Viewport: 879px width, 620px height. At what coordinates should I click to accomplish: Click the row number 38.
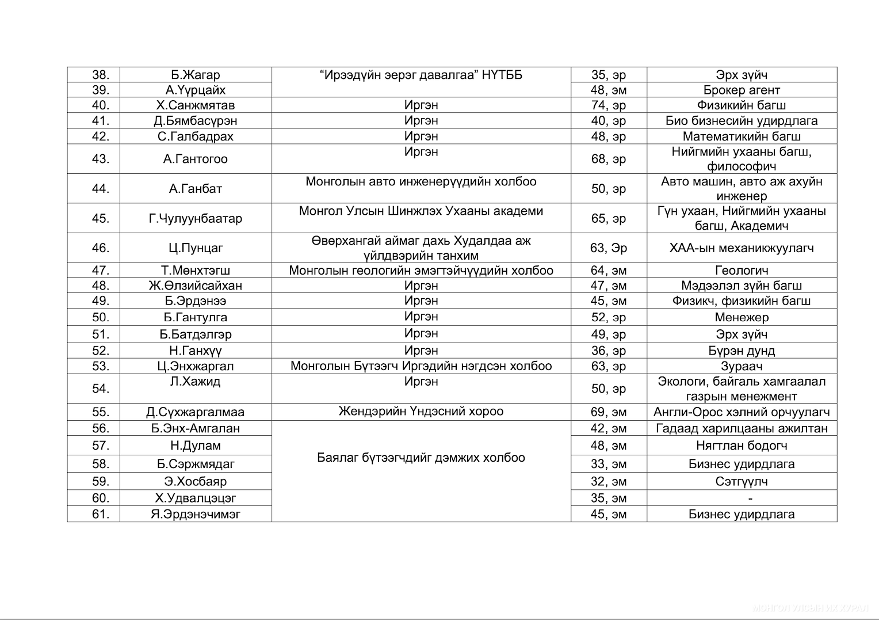[x=100, y=75]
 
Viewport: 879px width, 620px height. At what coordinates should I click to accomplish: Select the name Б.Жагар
[x=196, y=75]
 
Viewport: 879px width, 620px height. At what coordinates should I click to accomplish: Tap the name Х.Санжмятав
[x=196, y=105]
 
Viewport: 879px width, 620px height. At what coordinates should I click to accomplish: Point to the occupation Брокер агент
[x=742, y=90]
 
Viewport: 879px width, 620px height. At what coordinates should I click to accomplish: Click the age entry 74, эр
[x=609, y=105]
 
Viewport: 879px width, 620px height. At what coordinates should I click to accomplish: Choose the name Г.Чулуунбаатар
[x=196, y=218]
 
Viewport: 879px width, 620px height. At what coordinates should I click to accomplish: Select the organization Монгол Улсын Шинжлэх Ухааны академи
[x=421, y=211]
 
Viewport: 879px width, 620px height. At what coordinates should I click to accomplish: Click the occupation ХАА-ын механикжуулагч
[x=742, y=248]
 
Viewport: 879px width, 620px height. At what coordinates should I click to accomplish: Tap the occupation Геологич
[x=742, y=271]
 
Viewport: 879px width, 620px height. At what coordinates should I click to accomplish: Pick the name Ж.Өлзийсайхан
[x=196, y=286]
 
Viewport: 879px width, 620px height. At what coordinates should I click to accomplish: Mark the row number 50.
[x=100, y=317]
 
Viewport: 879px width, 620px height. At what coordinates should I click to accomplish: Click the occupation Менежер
[x=742, y=317]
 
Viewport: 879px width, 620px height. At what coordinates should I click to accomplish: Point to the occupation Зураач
[x=742, y=366]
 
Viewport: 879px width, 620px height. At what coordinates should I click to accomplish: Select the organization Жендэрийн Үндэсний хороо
[x=421, y=411]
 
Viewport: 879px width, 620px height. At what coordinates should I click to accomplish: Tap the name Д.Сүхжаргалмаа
[x=196, y=412]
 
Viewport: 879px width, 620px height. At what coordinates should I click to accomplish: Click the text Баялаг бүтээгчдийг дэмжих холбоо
[x=421, y=458]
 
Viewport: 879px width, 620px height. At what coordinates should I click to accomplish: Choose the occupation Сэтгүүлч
[x=742, y=481]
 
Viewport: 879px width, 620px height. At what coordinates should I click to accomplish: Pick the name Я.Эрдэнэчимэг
[x=196, y=514]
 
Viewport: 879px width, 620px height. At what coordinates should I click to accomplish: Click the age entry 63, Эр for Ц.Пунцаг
[x=609, y=248]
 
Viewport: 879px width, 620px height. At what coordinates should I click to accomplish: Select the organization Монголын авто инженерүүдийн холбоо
[x=421, y=181]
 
